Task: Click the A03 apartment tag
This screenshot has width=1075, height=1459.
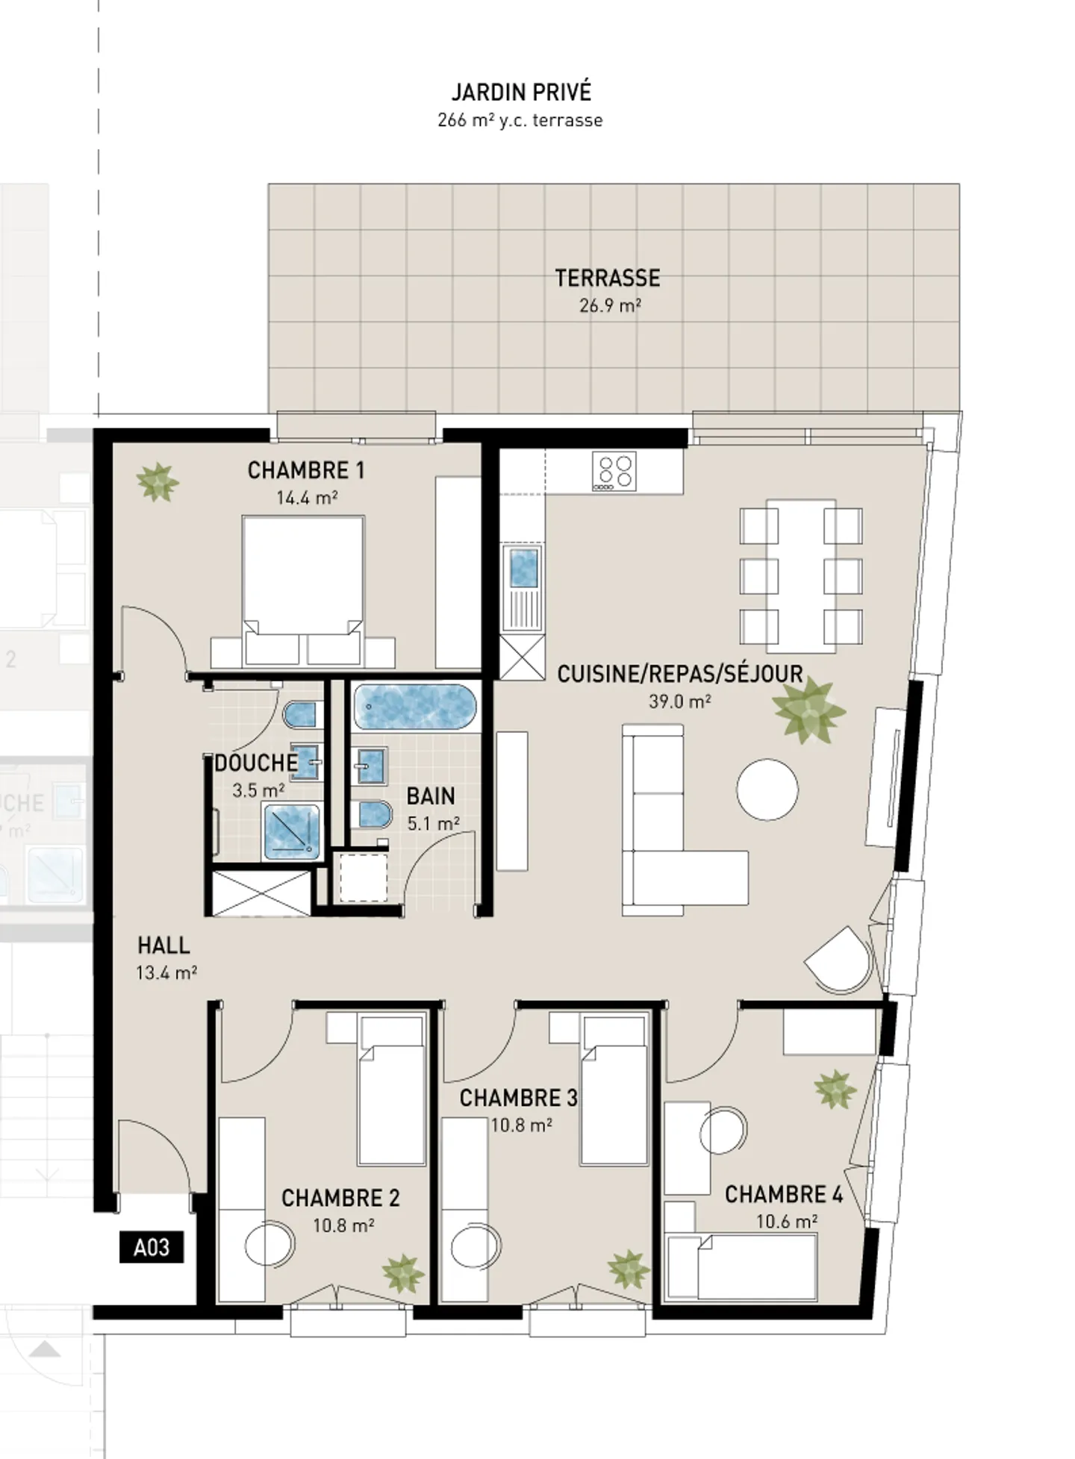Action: [x=152, y=1247]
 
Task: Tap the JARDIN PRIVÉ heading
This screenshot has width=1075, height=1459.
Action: [x=521, y=93]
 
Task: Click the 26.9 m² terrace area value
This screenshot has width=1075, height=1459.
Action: [x=610, y=305]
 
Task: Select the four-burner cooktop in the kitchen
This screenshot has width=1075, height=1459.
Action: [x=614, y=471]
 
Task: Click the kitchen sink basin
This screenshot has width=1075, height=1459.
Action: [x=523, y=568]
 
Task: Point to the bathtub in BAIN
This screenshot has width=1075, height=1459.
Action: [x=415, y=706]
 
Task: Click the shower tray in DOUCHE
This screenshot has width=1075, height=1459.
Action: [x=292, y=831]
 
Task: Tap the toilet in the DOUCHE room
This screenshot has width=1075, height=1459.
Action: [x=301, y=715]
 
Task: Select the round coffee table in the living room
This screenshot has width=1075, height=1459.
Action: [x=767, y=790]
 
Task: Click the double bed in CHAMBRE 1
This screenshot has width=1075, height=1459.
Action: [x=303, y=586]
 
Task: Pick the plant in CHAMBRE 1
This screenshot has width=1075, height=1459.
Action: [x=158, y=482]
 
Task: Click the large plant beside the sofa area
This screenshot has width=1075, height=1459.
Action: [x=808, y=709]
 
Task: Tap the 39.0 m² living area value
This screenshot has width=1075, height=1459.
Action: [x=679, y=702]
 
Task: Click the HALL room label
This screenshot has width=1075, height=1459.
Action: [x=163, y=946]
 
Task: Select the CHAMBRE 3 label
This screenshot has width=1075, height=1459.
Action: [x=518, y=1098]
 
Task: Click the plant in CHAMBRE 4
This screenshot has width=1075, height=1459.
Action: [x=835, y=1089]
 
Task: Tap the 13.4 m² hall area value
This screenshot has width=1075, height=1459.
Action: [x=166, y=973]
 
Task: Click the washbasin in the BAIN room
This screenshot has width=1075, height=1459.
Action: [x=370, y=765]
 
